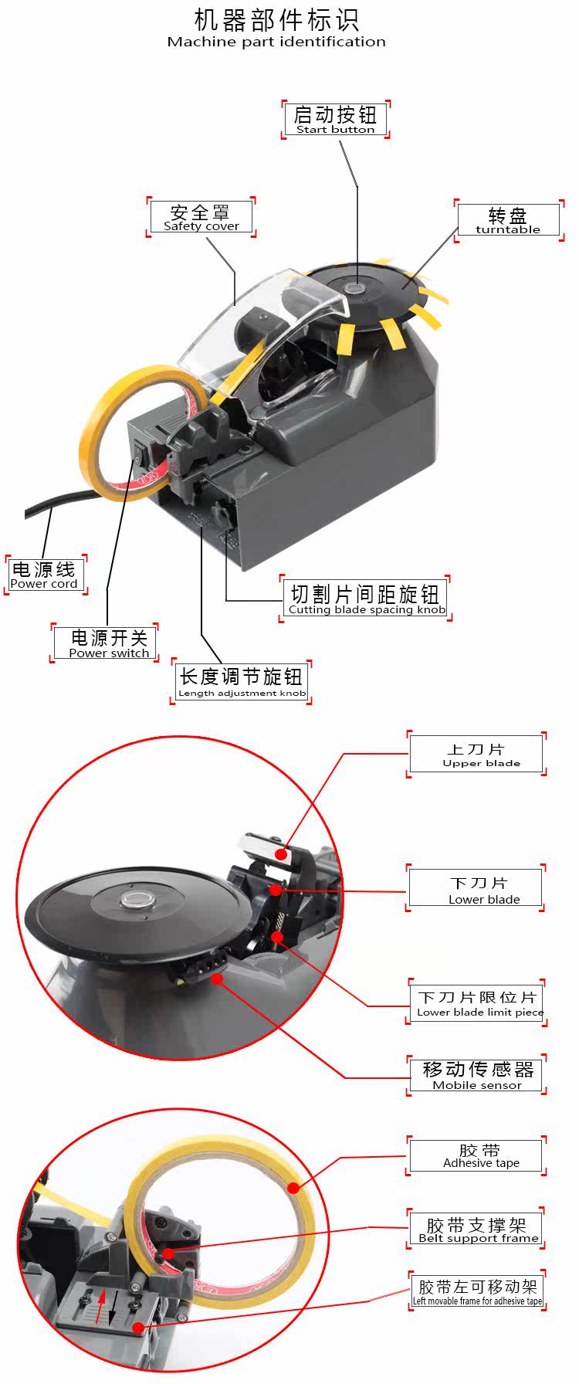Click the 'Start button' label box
(335, 120)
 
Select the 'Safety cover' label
(201, 217)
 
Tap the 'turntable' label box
(508, 220)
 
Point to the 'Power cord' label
(45, 575)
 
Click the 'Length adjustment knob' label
(241, 682)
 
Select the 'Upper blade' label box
(476, 754)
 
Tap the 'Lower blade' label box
(476, 888)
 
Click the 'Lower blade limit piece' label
(478, 1002)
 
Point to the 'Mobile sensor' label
(477, 1074)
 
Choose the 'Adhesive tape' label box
(476, 1156)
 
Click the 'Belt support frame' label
(477, 1229)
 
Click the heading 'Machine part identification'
(276, 42)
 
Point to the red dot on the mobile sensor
(218, 979)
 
